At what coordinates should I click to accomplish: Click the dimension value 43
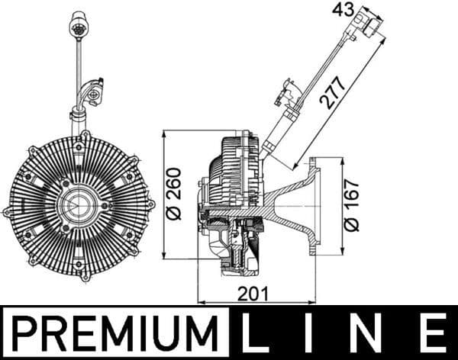tap(343, 10)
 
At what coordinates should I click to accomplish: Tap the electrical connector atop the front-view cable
tap(77, 25)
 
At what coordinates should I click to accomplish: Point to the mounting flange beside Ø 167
tap(318, 206)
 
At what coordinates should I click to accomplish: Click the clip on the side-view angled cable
tap(289, 92)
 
